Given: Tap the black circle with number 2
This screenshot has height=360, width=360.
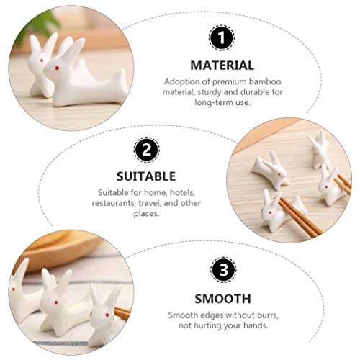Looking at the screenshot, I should click(x=146, y=150).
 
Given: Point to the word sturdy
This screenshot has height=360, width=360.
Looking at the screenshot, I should click(x=204, y=92).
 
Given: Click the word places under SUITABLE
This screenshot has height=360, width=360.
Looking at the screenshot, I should click(x=146, y=215).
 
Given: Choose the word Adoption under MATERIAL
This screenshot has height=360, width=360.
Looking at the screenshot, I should click(x=180, y=81).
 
